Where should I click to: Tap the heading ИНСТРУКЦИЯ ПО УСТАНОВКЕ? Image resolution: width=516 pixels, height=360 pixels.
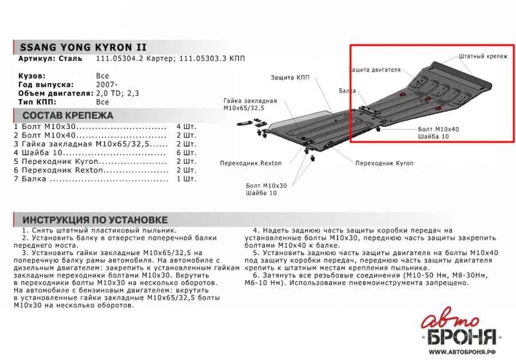tap(95, 220)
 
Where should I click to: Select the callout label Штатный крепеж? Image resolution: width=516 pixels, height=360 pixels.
tap(483, 57)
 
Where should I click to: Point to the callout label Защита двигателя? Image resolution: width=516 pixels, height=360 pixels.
tap(374, 70)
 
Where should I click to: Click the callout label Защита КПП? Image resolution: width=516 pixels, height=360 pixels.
tap(291, 77)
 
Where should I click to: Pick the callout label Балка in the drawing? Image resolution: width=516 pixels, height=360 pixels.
tap(347, 91)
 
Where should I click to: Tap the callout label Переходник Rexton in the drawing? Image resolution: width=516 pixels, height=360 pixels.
tap(251, 163)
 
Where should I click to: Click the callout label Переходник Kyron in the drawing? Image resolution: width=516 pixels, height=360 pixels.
tap(384, 163)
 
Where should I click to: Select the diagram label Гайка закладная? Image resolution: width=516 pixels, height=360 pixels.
tap(250, 101)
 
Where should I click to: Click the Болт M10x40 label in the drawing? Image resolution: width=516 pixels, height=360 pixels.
tap(438, 130)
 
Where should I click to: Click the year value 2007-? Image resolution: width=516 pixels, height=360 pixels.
tap(105, 85)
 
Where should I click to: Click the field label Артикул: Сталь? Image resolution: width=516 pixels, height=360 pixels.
tap(50, 59)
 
